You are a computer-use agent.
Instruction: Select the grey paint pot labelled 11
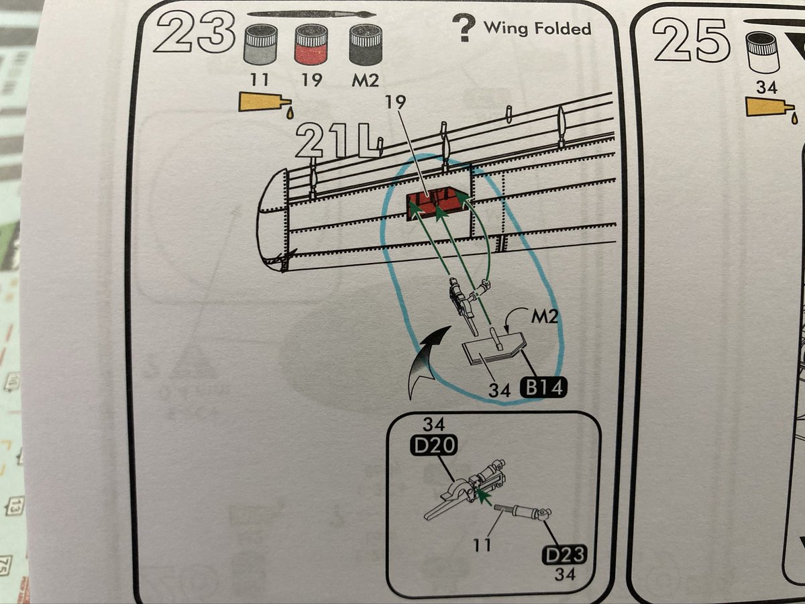[259, 46]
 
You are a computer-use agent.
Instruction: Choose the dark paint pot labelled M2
[364, 46]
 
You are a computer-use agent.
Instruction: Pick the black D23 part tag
[563, 556]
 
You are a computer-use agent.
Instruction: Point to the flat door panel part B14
[493, 352]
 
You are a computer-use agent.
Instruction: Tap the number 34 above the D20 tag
[435, 424]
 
